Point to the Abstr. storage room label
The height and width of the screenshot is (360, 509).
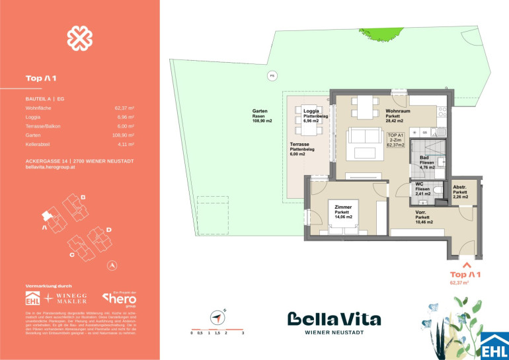point(461,192)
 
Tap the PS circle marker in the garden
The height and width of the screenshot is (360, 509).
point(270,76)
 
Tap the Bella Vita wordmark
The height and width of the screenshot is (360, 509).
point(334,320)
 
